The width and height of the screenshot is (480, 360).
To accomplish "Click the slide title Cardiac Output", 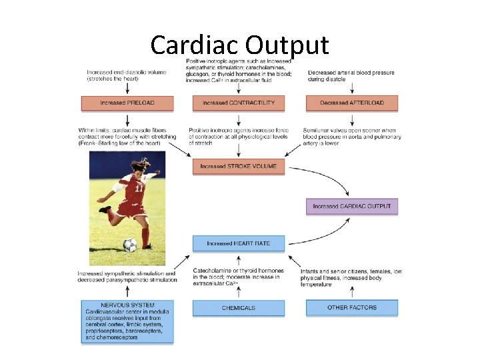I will [x=239, y=45].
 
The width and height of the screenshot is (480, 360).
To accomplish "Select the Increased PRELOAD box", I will [x=127, y=103].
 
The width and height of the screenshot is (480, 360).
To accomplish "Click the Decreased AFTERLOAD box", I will [x=352, y=103].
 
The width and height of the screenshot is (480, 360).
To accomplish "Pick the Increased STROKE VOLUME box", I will [x=239, y=166].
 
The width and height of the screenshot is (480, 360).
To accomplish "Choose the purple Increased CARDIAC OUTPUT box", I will [x=352, y=206].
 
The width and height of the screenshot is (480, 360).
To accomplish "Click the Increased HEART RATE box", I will [x=239, y=243].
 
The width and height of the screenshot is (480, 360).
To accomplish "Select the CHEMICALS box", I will [x=239, y=308].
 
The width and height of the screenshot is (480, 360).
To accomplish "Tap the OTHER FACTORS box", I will [x=352, y=308].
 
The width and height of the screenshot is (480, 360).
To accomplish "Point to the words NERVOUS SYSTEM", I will [x=110, y=305].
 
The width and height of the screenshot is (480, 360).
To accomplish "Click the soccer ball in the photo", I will [x=131, y=245].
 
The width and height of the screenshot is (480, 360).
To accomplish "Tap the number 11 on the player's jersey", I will [x=139, y=189].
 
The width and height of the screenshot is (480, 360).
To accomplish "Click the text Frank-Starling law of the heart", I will [x=127, y=143].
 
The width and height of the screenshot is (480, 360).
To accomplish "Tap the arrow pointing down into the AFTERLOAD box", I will [x=352, y=88].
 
